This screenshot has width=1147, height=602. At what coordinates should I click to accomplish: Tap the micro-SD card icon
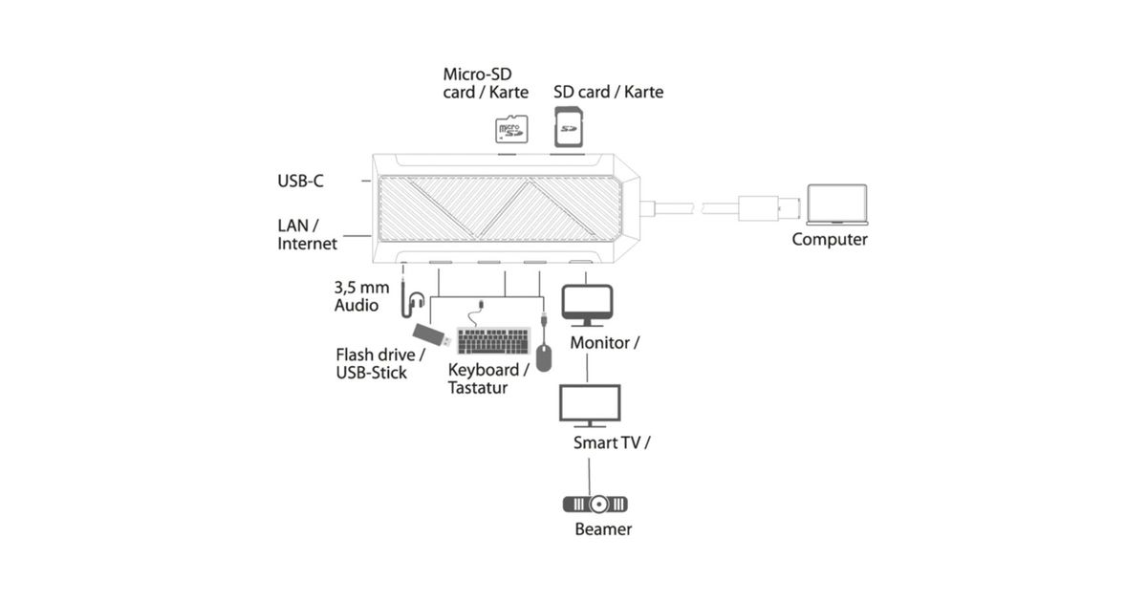(x=511, y=130)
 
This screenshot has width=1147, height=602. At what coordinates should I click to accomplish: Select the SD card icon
(x=570, y=126)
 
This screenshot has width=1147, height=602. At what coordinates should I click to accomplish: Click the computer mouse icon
(x=544, y=356)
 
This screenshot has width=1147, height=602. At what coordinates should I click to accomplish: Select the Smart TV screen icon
(x=589, y=405)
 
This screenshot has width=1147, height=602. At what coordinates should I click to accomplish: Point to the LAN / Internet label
(x=307, y=234)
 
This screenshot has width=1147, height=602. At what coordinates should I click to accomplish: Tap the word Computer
(x=830, y=239)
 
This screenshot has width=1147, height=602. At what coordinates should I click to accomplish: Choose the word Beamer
(x=603, y=528)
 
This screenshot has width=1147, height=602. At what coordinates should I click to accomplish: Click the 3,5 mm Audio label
(x=357, y=296)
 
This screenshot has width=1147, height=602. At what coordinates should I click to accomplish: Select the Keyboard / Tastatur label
(x=488, y=378)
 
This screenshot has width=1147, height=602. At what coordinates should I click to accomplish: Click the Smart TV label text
(x=612, y=442)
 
